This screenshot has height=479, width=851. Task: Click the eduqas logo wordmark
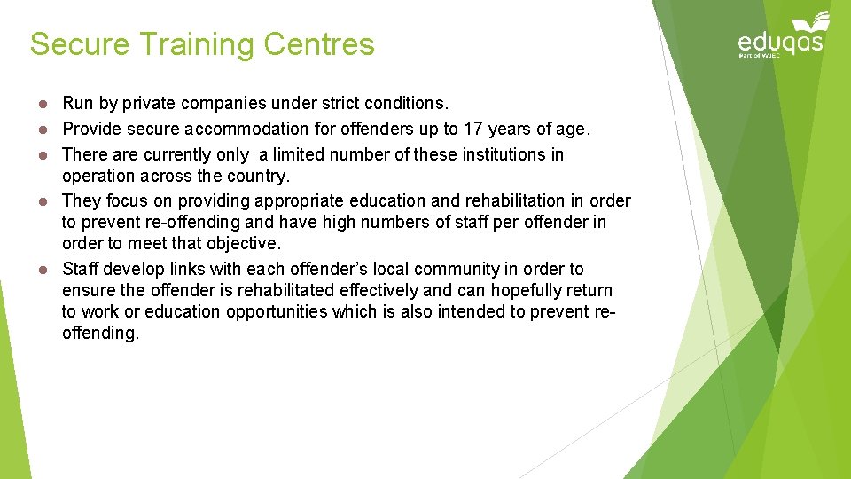[780, 42]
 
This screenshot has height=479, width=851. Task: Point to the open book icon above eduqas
[811, 21]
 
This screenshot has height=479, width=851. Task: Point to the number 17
[474, 129]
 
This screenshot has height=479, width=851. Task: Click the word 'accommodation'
[247, 129]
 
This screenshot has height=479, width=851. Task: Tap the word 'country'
[261, 176]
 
